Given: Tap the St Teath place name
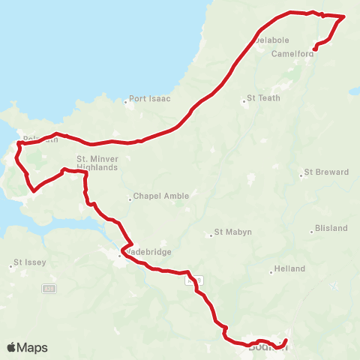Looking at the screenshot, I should click(x=264, y=98).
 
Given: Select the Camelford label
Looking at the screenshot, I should click(x=291, y=53).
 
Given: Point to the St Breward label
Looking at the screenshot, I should click(x=328, y=172).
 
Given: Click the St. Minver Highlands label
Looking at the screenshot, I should click(x=97, y=163).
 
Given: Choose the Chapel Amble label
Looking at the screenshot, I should click(x=160, y=196).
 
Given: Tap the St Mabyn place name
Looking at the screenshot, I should click(x=232, y=232).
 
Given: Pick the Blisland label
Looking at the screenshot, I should click(x=332, y=230).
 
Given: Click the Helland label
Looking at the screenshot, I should click(x=290, y=268).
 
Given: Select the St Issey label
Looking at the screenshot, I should click(x=30, y=263).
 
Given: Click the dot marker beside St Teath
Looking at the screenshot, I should click(x=247, y=98).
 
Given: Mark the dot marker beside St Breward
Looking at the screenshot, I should click(x=302, y=176).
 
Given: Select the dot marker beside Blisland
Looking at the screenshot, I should click(x=313, y=230).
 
